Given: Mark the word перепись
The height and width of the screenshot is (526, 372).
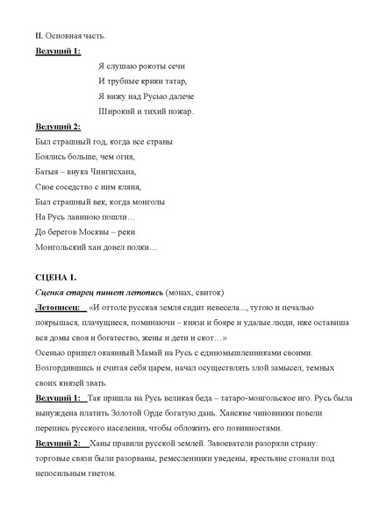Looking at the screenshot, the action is [56, 429].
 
